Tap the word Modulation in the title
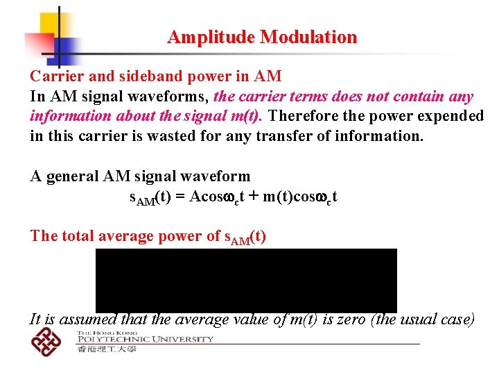coord(308,37)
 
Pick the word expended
coord(450,116)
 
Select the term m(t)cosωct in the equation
coord(299,197)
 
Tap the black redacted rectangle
coord(246,281)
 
